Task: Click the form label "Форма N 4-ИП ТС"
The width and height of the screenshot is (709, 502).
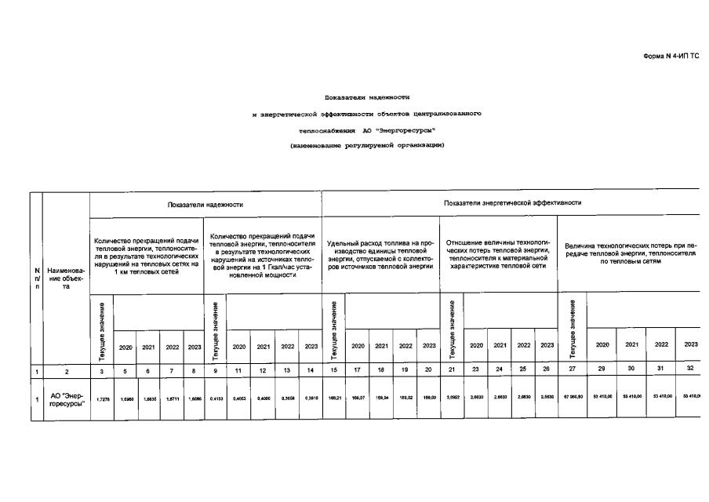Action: [x=671, y=57]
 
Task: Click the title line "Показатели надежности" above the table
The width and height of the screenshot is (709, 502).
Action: [x=367, y=97]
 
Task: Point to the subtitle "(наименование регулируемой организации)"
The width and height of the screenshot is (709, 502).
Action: [x=367, y=146]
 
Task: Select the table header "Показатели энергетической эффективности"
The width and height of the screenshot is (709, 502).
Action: [x=512, y=202]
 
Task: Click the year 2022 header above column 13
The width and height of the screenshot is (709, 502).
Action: [x=287, y=346]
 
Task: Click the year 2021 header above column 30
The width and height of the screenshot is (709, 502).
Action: [x=631, y=344]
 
